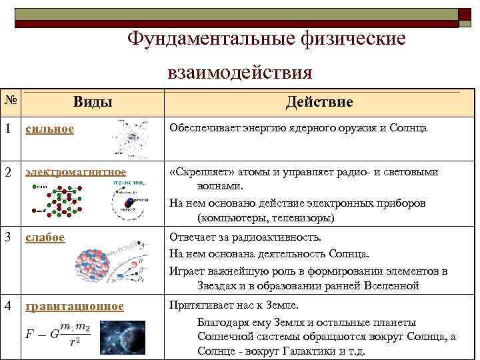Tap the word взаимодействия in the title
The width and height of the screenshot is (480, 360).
point(240,71)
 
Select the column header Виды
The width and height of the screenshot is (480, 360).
point(92,101)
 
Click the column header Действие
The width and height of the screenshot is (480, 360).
point(319,101)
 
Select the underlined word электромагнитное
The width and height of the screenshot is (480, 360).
point(75,172)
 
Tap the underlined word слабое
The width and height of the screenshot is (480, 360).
point(45,237)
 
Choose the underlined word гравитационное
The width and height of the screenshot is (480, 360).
point(75,306)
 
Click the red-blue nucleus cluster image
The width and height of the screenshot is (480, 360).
point(91,265)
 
